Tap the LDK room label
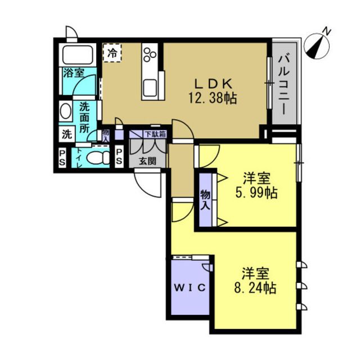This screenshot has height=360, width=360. coord(214,84)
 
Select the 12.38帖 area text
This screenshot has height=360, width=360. coord(213,99)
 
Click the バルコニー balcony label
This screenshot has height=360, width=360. coord(284,84)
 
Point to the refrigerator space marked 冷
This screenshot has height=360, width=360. coord(112,52)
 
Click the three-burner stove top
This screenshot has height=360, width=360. coord(150,55)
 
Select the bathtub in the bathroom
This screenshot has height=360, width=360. coord(78,55)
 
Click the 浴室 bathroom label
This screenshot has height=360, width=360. coord(74,73)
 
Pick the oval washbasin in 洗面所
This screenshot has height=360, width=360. coord(65,111)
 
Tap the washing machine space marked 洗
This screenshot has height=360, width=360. coord(67,134)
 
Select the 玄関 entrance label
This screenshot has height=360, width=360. coord(147,161)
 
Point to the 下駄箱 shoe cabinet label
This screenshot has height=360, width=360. coord(155,134)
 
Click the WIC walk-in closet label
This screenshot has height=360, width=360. coord(190,287)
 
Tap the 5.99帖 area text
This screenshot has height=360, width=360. coord(256,192)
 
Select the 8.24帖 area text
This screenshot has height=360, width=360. coord(255,287)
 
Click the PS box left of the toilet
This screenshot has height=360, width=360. coord(62,157)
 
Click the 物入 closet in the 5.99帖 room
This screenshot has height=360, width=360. coord(205,200)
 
